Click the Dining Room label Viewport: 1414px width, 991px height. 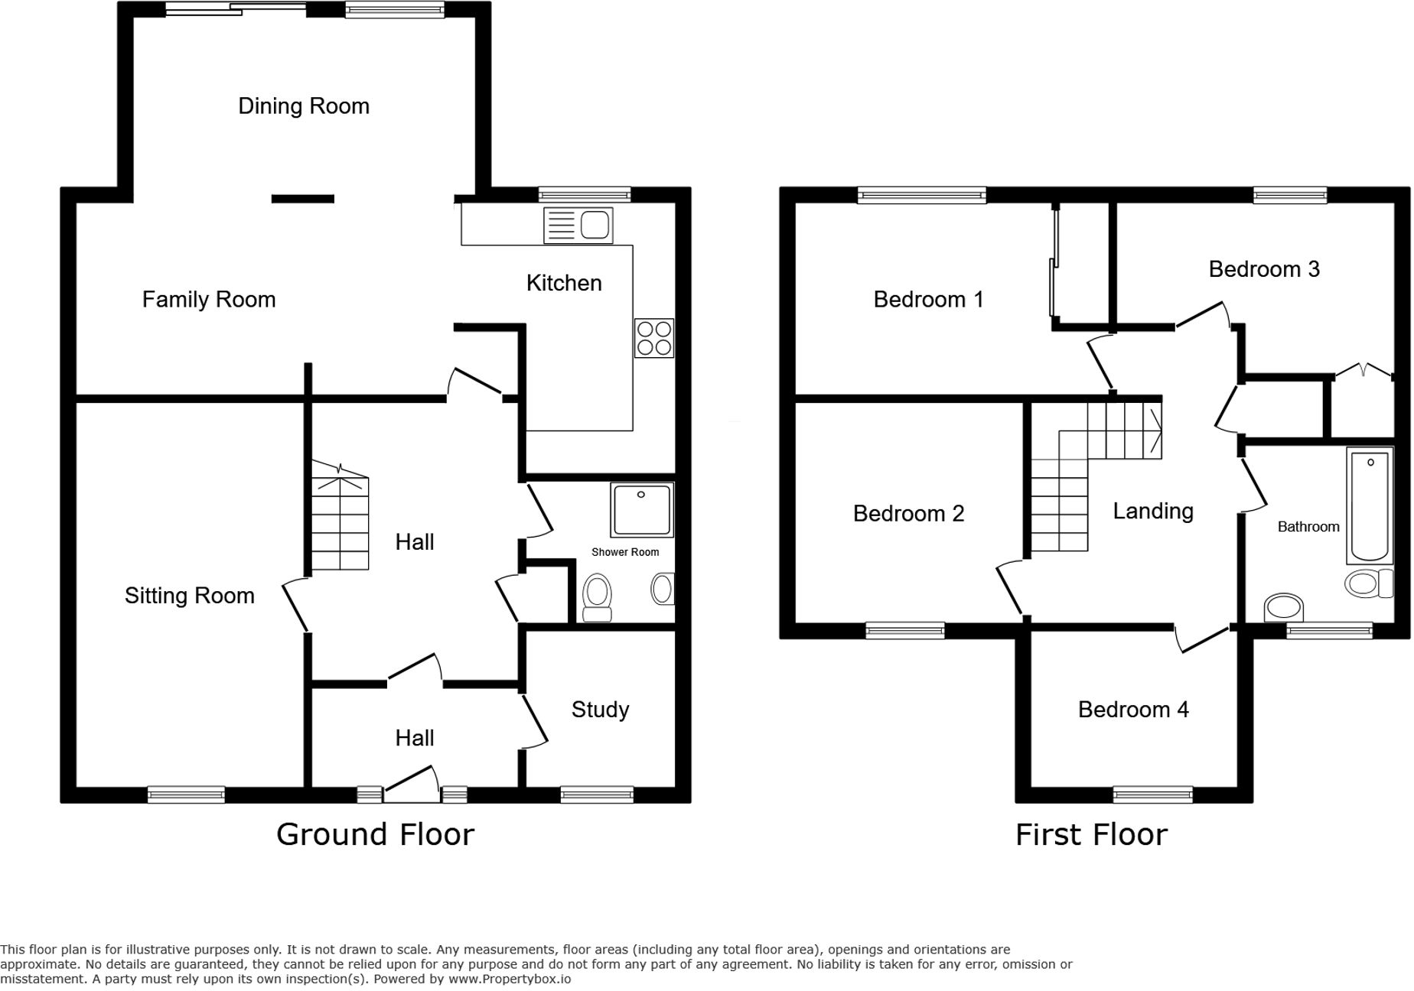304,106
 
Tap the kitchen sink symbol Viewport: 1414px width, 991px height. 578,226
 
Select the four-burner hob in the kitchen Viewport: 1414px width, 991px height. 653,338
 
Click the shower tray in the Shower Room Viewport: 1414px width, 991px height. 641,510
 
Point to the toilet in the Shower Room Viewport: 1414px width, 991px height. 597,598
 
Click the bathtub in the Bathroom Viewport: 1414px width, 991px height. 1370,505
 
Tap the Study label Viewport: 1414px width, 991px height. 600,710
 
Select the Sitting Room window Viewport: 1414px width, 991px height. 186,795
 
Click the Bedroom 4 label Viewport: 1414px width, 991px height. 1132,710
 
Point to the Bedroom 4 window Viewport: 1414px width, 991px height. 1152,795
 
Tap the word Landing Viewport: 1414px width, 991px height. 1152,511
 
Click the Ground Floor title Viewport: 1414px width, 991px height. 375,834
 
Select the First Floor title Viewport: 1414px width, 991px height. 1091,834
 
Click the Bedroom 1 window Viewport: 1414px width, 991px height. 921,196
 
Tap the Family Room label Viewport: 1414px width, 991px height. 209,299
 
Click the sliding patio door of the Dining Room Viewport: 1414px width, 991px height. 236,10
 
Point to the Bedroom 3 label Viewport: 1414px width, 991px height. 1264,269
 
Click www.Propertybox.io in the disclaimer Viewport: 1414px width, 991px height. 509,979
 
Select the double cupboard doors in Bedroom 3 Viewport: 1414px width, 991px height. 1363,372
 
